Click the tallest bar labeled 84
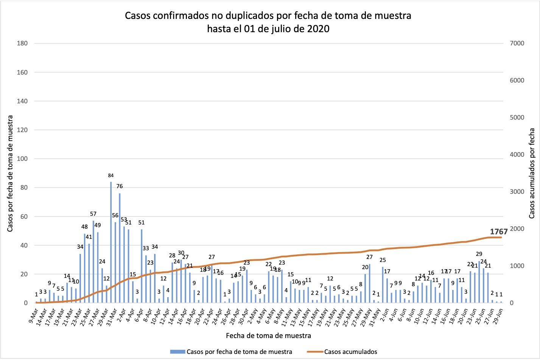pyautogui.click(x=111, y=242)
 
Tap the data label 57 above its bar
pyautogui.click(x=93, y=214)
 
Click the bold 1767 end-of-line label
pyautogui.click(x=499, y=232)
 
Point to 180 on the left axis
pyautogui.click(x=22, y=43)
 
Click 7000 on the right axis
pyautogui.click(x=517, y=43)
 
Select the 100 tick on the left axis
pyautogui.click(x=22, y=159)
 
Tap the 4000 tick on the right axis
pyautogui.click(x=517, y=154)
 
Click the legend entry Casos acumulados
pyautogui.click(x=350, y=352)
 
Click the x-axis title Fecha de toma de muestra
pyautogui.click(x=268, y=335)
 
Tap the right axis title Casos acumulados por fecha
pyautogui.click(x=532, y=173)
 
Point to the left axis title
pyautogui.click(x=10, y=173)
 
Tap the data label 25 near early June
pyautogui.click(x=383, y=260)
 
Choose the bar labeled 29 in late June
pyautogui.click(x=479, y=282)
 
